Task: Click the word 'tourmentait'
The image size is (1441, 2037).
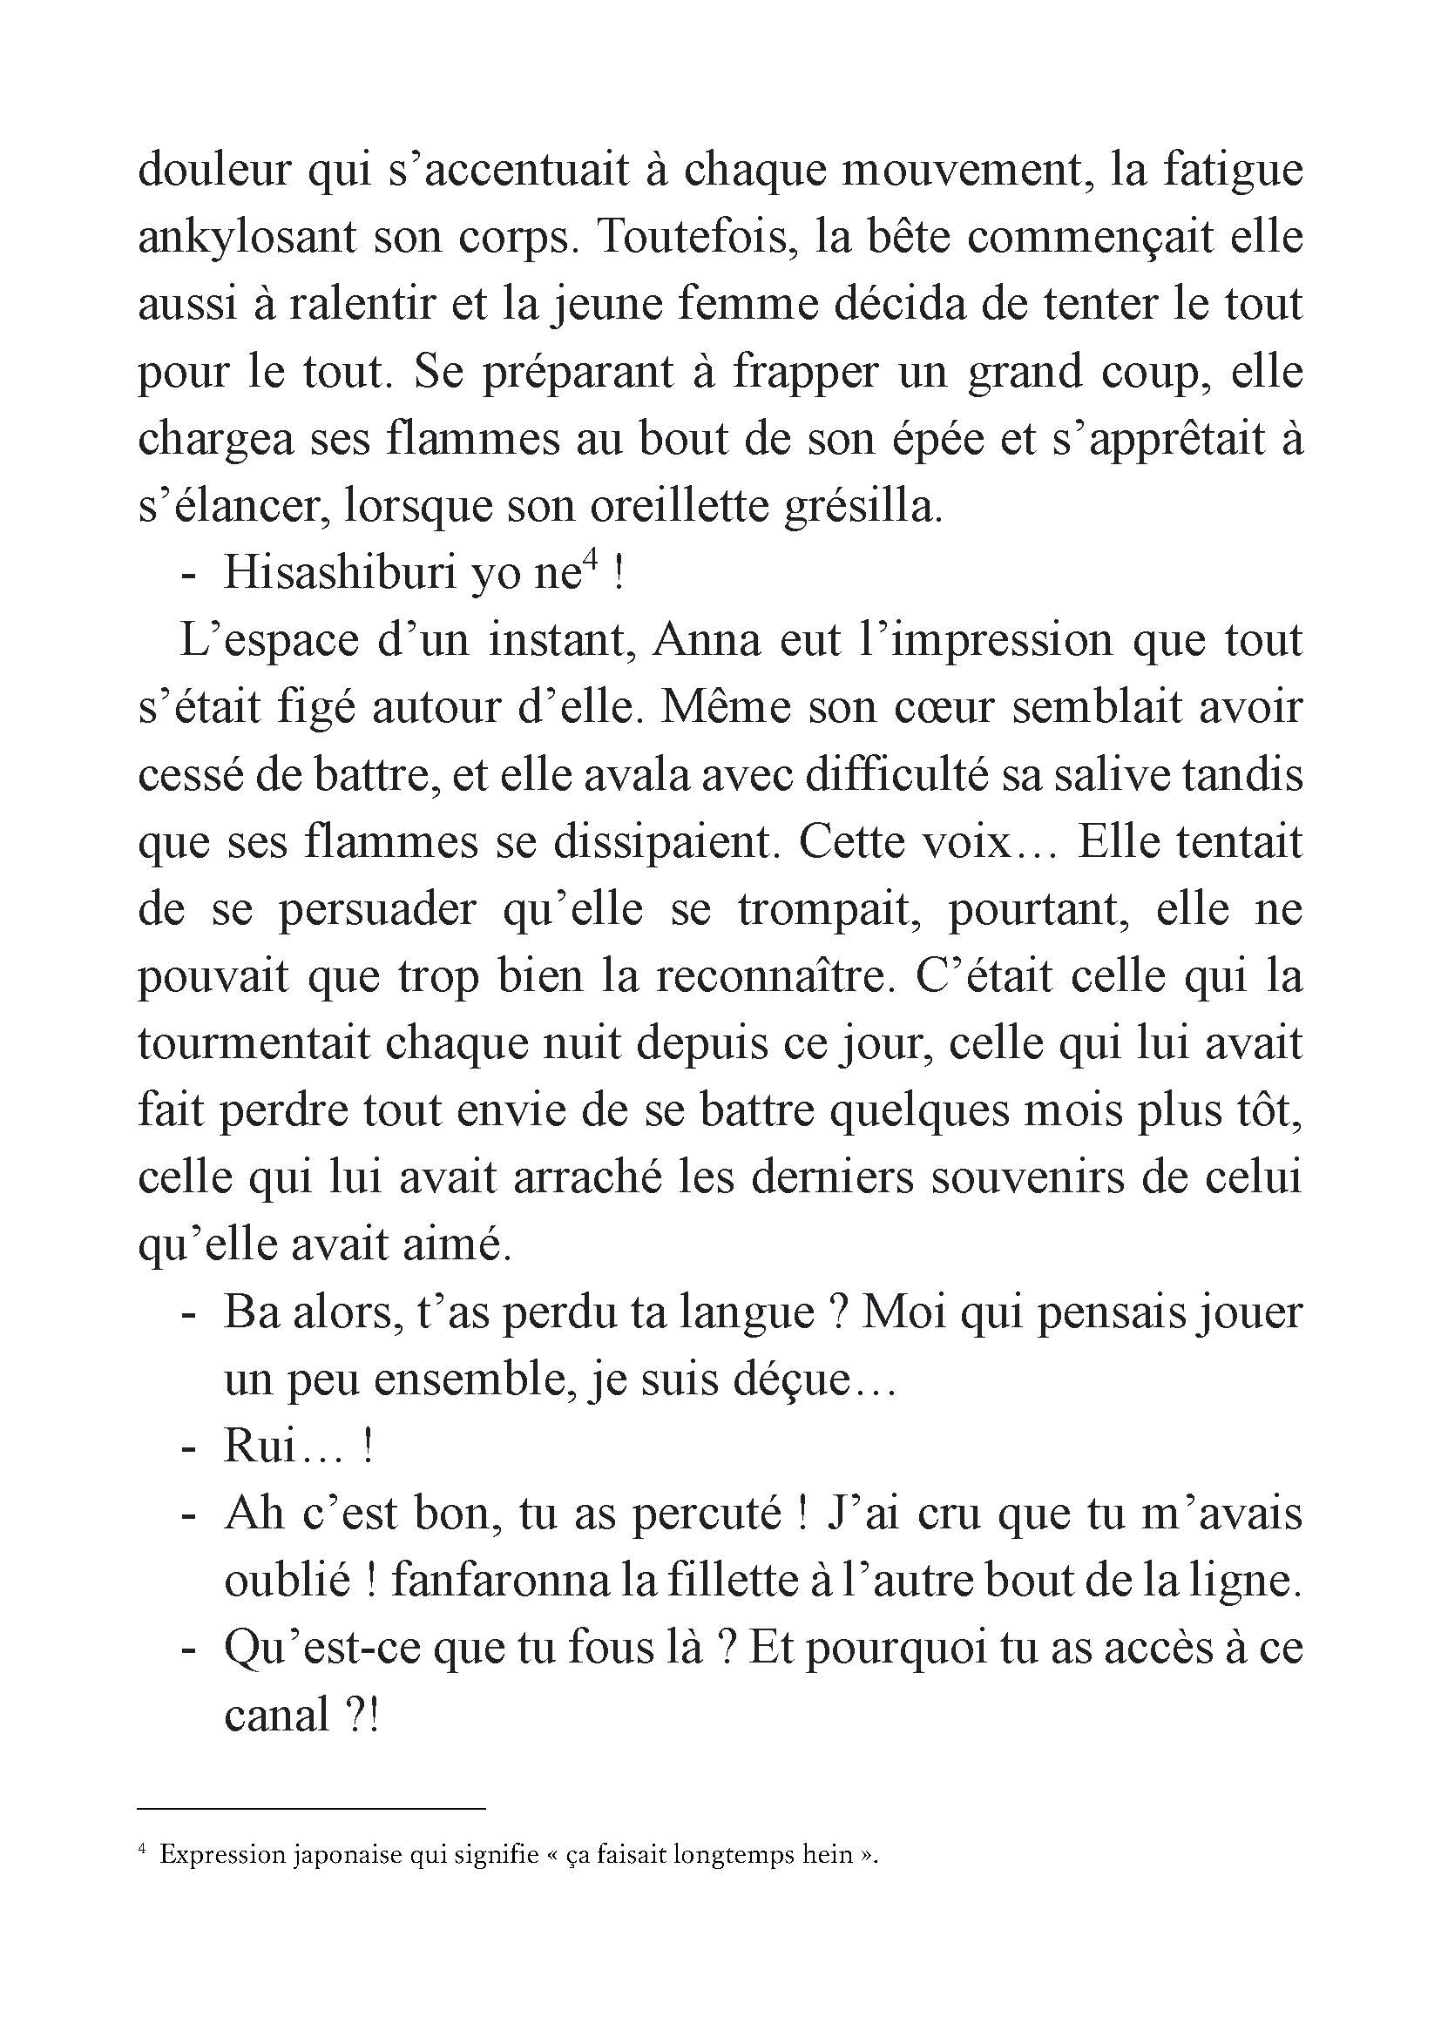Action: coord(253,1043)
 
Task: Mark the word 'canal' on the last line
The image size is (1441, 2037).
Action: coord(277,1717)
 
